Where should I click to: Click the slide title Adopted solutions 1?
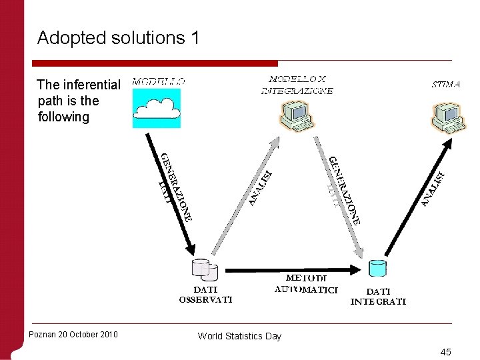118,38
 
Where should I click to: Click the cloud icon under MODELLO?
157,107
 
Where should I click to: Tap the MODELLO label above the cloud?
159,81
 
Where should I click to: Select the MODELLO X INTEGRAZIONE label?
297,85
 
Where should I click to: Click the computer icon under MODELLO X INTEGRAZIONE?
297,115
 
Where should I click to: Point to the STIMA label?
445,85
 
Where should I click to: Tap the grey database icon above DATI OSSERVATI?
205,269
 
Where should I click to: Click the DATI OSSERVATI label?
205,295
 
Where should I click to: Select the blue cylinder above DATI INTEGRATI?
377,268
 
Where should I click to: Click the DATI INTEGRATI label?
378,296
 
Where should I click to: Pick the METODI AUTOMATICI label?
306,283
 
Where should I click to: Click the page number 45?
445,351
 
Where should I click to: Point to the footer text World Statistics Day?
239,336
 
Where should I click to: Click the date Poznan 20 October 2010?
73,334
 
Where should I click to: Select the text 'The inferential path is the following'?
78,101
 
